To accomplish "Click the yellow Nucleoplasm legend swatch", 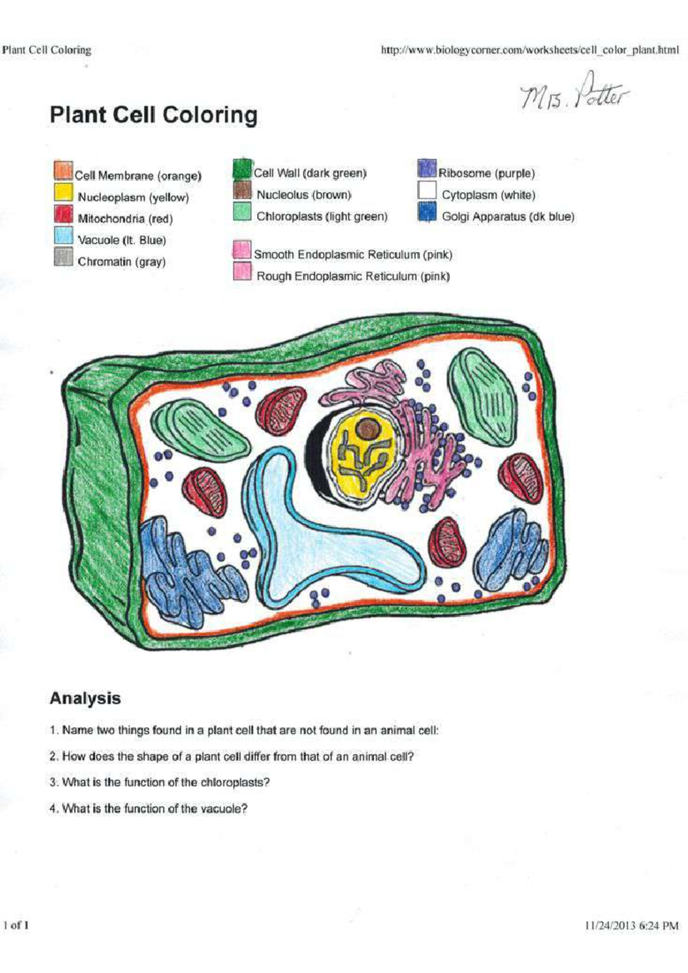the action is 64,193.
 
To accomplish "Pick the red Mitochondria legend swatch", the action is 64,214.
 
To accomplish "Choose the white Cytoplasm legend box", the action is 427,190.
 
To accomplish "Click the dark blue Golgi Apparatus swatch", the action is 427,212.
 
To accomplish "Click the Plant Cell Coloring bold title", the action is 154,116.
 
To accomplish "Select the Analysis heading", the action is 85,699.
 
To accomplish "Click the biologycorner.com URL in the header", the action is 530,50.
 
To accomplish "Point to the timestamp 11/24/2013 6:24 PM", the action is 632,925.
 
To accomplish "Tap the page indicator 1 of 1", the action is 16,925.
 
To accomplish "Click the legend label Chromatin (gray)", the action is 122,262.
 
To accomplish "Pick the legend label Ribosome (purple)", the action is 486,173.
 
